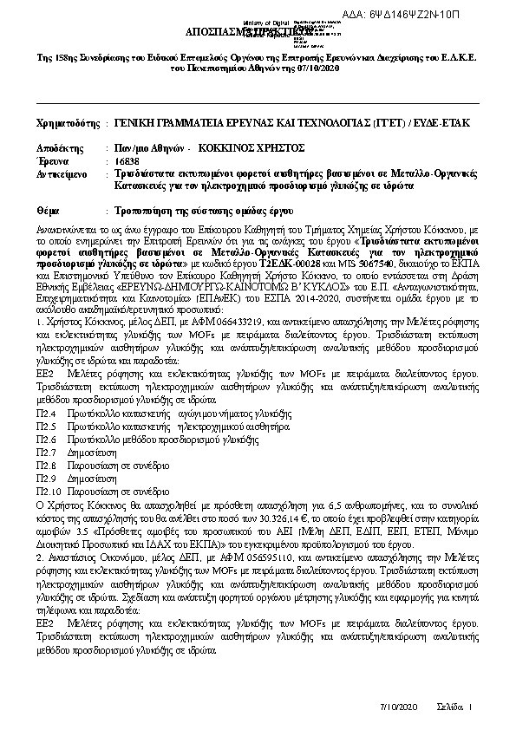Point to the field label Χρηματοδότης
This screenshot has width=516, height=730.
(67, 123)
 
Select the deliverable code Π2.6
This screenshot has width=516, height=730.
(46, 440)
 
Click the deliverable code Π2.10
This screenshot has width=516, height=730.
(49, 490)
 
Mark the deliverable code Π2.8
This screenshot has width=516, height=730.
(46, 466)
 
